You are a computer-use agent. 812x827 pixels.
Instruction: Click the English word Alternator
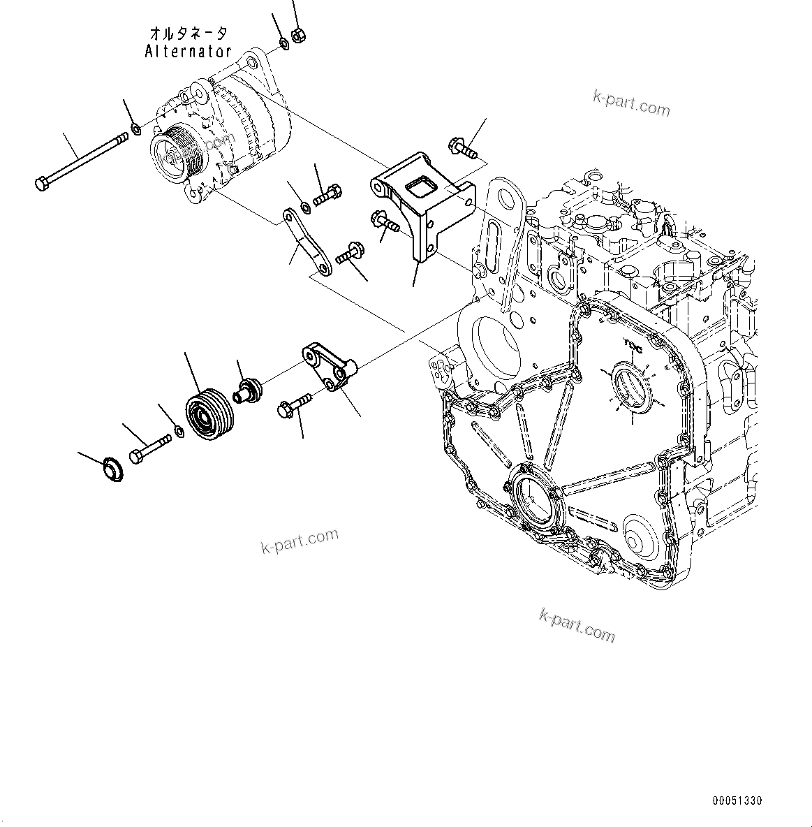click(188, 51)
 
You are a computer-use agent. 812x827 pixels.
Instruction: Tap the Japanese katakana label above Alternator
click(188, 34)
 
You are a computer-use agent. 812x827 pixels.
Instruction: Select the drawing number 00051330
click(737, 800)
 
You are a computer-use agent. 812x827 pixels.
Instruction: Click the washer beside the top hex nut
click(285, 44)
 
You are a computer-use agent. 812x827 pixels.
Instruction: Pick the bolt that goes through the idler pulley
click(150, 449)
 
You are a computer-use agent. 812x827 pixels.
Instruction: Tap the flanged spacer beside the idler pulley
click(247, 388)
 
